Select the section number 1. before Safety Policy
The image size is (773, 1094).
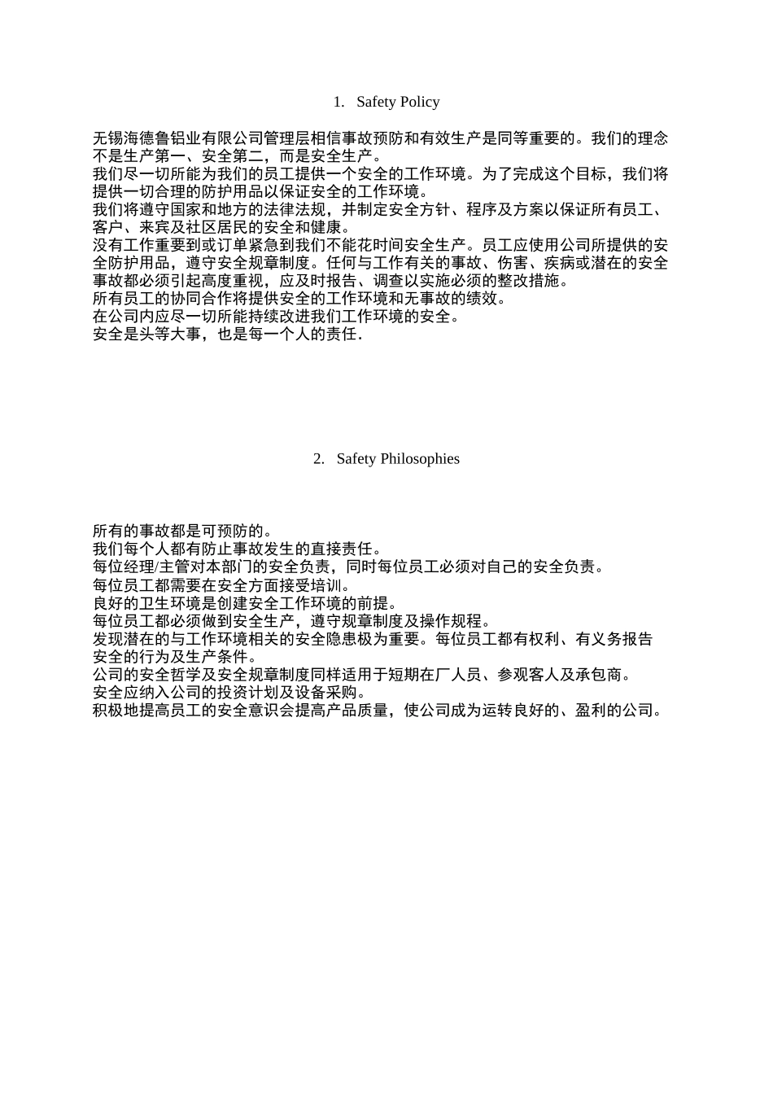[x=339, y=102]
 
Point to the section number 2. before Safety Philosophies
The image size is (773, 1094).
[x=319, y=458]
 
